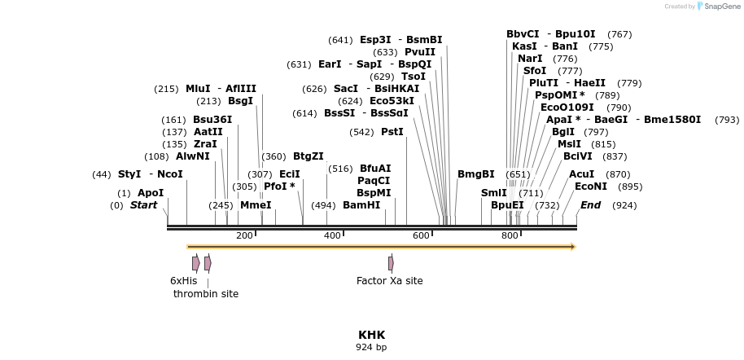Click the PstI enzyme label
tap(392, 132)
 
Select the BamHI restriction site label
tap(361, 205)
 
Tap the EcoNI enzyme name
tap(590, 187)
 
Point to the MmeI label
tap(256, 205)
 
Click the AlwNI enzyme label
tap(192, 156)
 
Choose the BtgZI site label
tap(308, 156)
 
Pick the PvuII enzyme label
tap(420, 52)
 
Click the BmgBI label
tap(475, 174)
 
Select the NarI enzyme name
tap(530, 59)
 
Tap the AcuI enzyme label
tap(581, 174)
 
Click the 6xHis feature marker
tap(196, 263)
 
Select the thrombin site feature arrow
tap(208, 263)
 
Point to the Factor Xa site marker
tap(391, 263)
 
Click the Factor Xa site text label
tap(389, 281)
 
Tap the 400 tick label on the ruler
tap(332, 235)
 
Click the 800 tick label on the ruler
tap(510, 235)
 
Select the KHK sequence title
tap(371, 335)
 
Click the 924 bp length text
tap(371, 347)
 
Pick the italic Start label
tap(143, 205)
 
